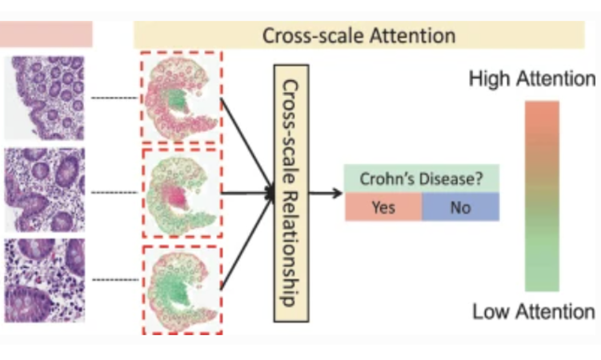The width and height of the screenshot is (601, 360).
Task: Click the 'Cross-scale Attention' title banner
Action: click(x=359, y=35)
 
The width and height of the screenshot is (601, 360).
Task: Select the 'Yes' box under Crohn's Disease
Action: click(x=383, y=207)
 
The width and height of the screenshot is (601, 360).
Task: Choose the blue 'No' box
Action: click(x=460, y=207)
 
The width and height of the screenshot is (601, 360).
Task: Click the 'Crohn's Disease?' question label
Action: click(x=421, y=179)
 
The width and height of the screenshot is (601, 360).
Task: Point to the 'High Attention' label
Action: click(x=531, y=79)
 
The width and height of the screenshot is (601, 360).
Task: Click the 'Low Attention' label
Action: click(x=533, y=311)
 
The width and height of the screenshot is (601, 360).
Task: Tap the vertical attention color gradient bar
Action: click(x=542, y=196)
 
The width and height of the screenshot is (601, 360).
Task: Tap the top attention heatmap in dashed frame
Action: click(x=181, y=98)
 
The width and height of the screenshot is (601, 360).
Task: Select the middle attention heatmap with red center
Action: click(x=181, y=193)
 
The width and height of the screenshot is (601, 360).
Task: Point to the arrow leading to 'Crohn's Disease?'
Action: click(x=323, y=193)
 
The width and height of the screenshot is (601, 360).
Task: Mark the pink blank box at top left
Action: click(x=47, y=34)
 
